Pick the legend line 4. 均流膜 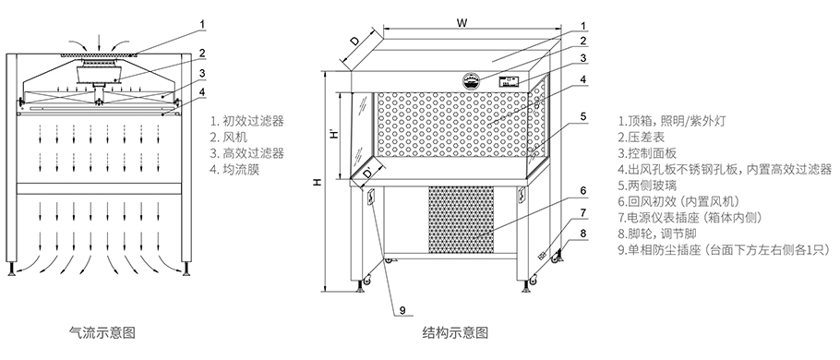[x=235, y=170]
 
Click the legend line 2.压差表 [x=648, y=137]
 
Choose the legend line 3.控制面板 [x=654, y=153]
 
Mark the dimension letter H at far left [x=317, y=182]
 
